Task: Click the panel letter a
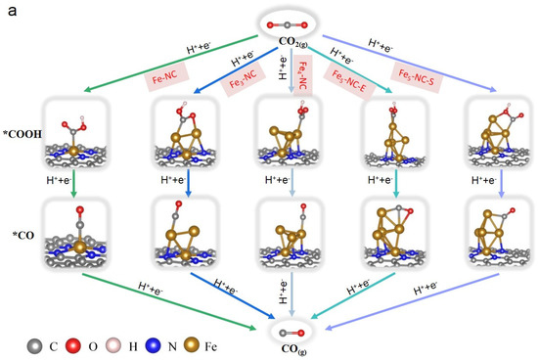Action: (x=8, y=9)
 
